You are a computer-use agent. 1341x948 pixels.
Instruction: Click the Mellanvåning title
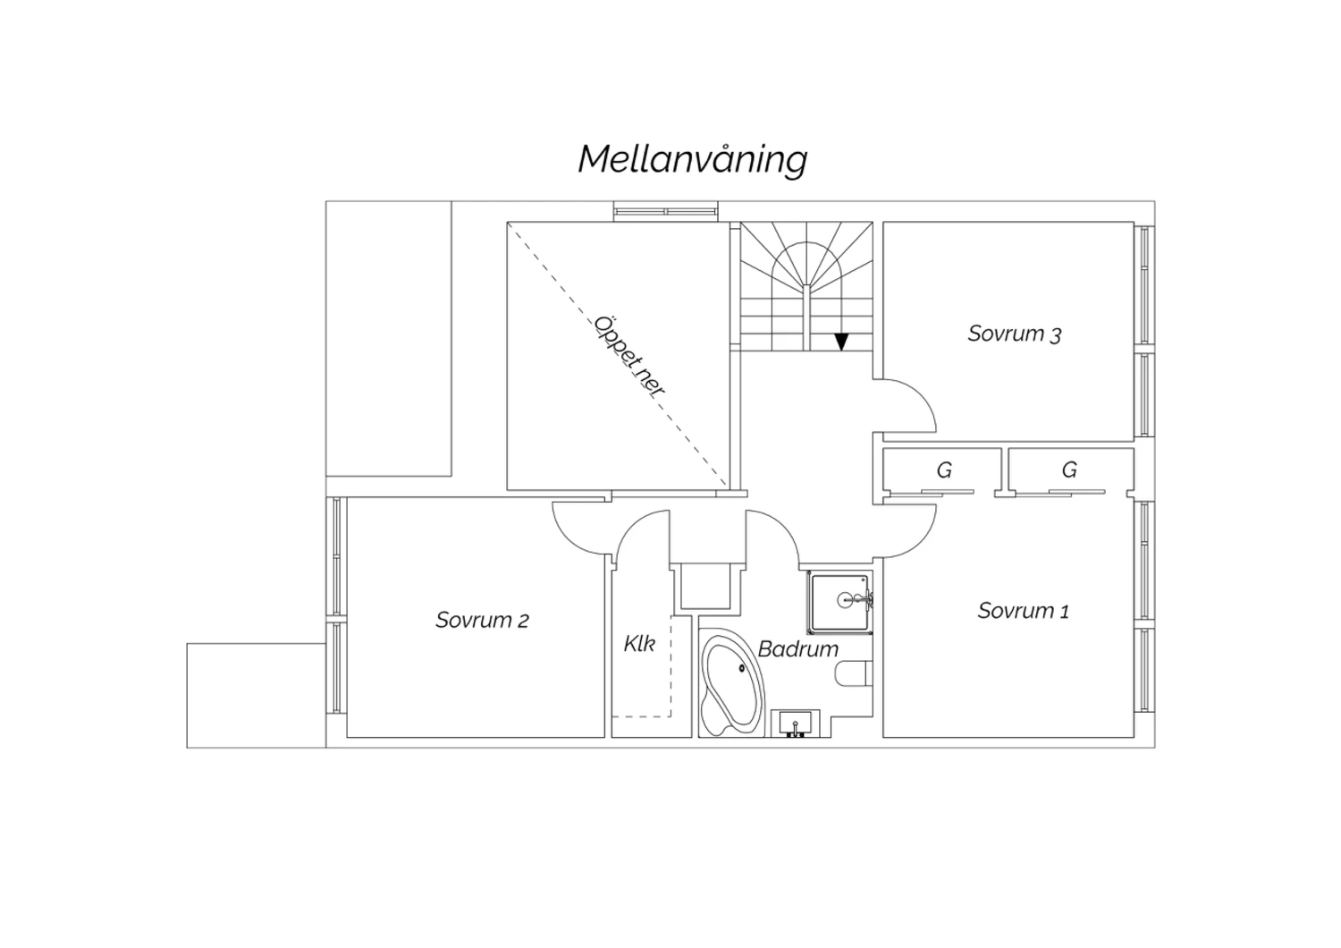coord(693,160)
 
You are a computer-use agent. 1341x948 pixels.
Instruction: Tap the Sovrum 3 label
coord(1014,334)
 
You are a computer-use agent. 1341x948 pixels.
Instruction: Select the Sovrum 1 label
coord(1023,611)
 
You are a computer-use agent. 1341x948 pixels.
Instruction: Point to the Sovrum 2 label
coord(482,621)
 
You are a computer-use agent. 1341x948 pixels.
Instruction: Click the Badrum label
coord(798,649)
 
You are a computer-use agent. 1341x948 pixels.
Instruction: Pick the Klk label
coord(639,644)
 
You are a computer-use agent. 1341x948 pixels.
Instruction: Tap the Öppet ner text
coord(629,356)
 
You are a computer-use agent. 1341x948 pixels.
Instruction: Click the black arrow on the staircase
coord(842,342)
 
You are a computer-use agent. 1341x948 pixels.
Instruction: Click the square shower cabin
coord(839,602)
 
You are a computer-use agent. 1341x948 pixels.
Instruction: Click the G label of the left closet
coord(944,470)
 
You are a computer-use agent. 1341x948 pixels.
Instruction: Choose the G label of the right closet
coord(1069,470)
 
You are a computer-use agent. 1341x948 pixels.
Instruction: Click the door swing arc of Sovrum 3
coord(923,395)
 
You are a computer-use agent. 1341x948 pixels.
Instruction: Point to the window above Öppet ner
coord(666,212)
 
